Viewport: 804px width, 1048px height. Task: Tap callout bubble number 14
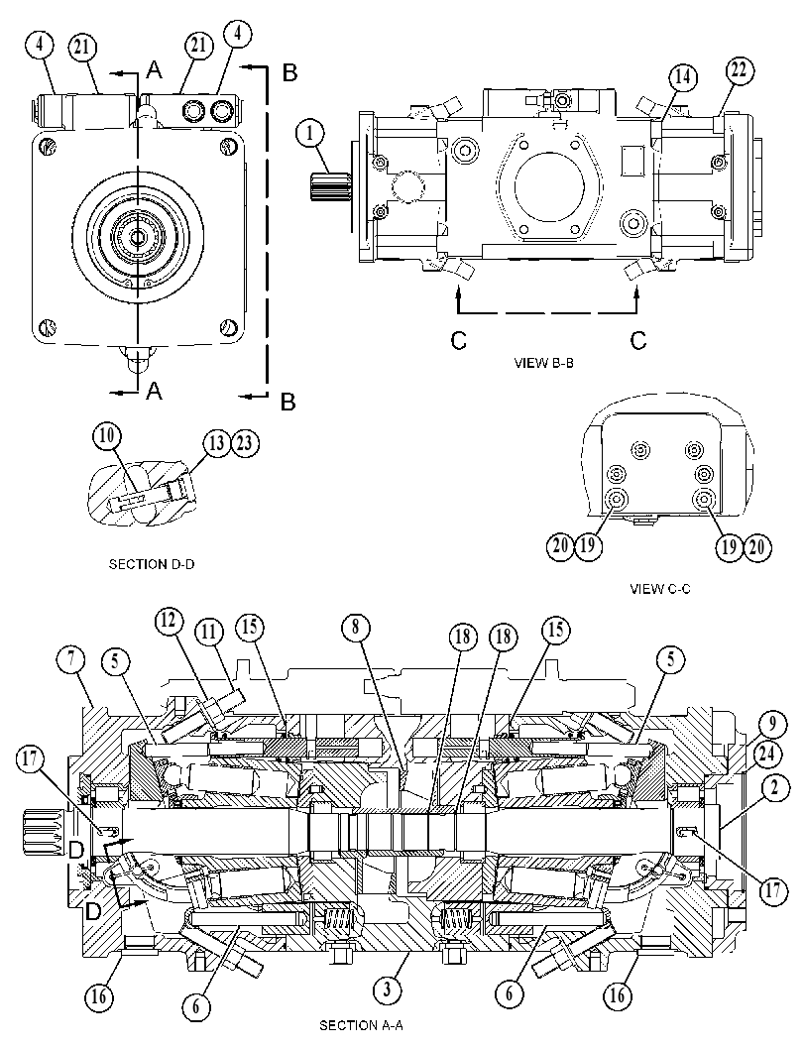[682, 77]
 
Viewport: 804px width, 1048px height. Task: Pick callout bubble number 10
[107, 437]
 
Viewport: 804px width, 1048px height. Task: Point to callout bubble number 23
[245, 444]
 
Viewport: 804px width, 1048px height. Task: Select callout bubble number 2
[773, 788]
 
